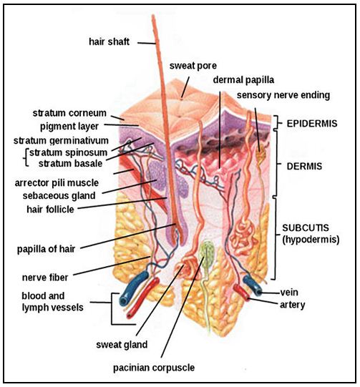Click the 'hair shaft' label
click(109, 41)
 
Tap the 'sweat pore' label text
click(193, 66)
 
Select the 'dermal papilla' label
click(243, 80)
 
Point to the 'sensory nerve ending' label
click(283, 95)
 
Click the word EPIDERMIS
click(312, 124)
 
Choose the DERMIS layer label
click(304, 167)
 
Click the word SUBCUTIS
click(306, 227)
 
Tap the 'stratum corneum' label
click(69, 113)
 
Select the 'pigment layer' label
click(69, 127)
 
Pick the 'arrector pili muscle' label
click(57, 183)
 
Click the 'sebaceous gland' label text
click(59, 196)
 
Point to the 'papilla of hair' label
click(46, 249)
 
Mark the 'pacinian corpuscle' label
click(154, 368)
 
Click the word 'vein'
click(289, 293)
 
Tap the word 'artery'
click(293, 305)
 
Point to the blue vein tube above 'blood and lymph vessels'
click(133, 288)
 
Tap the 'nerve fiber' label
click(45, 278)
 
